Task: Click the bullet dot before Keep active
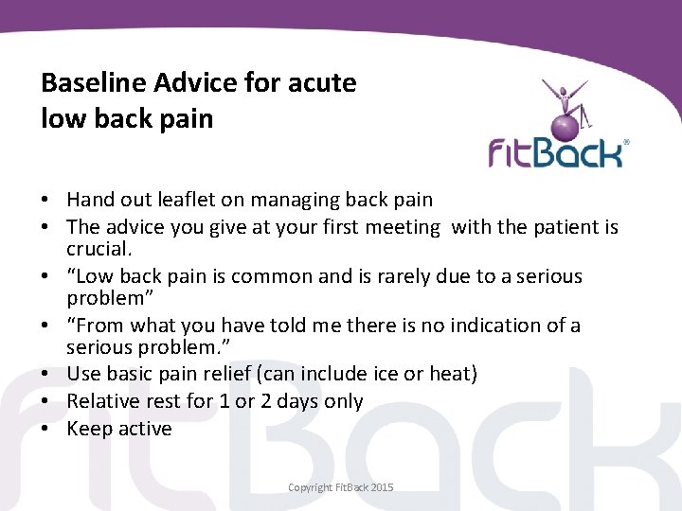[46, 429]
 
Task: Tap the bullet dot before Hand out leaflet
[46, 200]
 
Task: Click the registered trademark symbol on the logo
[626, 143]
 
